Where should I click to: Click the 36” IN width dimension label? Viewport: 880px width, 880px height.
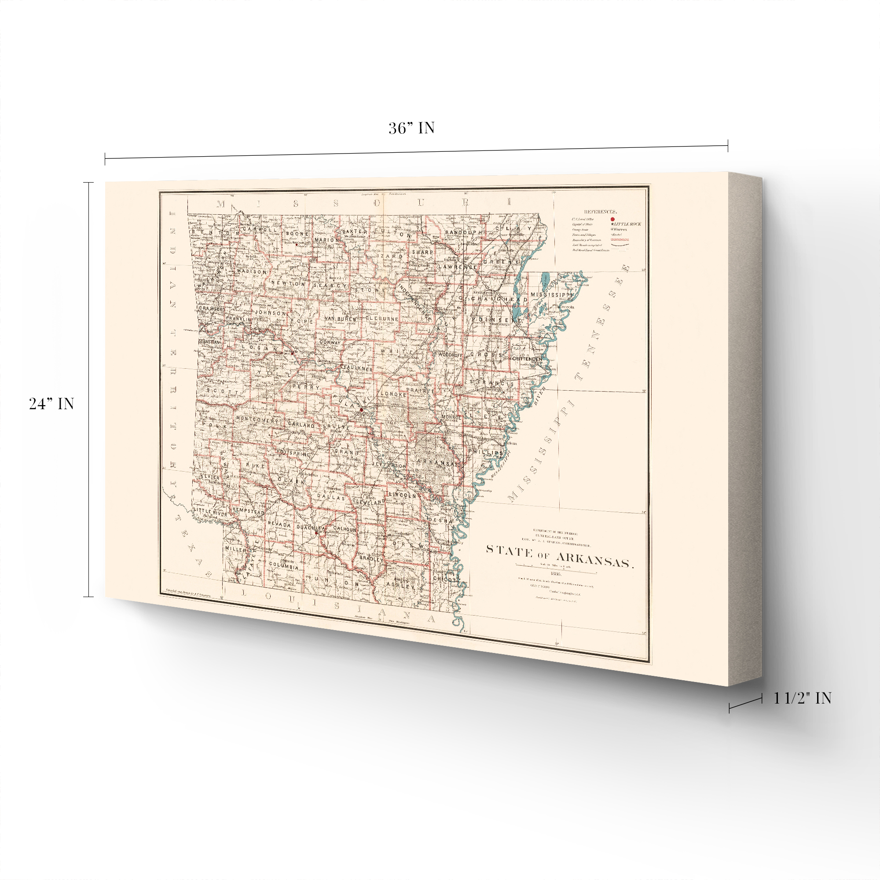[x=411, y=128]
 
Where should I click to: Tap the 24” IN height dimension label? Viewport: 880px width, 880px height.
[x=51, y=404]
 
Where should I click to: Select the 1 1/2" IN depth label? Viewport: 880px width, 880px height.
[x=802, y=698]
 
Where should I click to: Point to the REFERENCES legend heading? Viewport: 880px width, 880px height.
[x=600, y=212]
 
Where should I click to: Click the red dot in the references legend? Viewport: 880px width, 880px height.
[x=612, y=219]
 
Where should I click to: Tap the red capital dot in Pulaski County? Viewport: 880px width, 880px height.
[x=361, y=410]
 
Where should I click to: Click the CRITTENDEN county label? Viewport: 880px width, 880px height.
[x=527, y=359]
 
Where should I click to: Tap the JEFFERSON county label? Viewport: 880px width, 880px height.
[x=389, y=466]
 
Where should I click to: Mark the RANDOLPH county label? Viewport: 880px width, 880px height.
[x=463, y=232]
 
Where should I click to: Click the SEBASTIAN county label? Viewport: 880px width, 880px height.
[x=209, y=341]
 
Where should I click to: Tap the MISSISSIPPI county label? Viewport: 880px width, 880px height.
[x=550, y=295]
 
